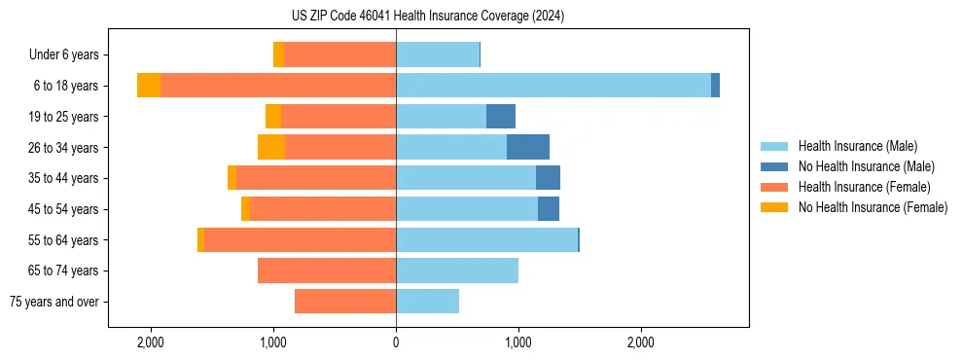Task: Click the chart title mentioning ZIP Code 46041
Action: [x=427, y=17]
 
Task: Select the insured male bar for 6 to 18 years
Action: [x=553, y=86]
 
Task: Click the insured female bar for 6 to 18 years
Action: [x=277, y=86]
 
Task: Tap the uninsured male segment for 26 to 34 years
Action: [x=528, y=147]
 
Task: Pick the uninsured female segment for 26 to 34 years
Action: [x=271, y=147]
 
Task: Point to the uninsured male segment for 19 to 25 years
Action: [x=501, y=117]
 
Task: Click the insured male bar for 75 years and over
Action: [x=427, y=302]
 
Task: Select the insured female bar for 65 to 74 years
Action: [x=326, y=270]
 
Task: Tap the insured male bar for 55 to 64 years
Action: [x=486, y=239]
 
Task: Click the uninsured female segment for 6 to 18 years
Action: [x=149, y=86]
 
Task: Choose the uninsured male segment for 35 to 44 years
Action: [x=548, y=178]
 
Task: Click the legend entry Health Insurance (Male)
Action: [x=857, y=146]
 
